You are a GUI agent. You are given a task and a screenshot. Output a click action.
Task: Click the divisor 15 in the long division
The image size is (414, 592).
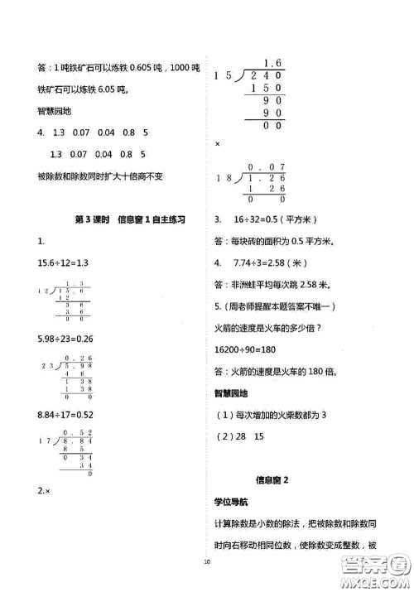(221, 77)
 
